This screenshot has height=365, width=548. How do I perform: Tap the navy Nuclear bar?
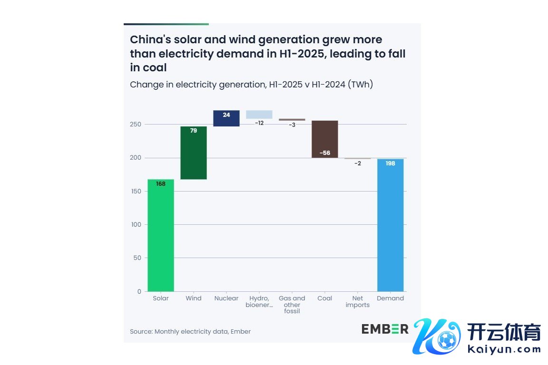[x=226, y=118]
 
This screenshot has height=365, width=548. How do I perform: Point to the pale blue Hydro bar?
[x=259, y=114]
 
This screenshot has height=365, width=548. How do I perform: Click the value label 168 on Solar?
[x=161, y=184]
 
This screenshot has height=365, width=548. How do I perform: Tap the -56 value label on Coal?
[x=325, y=153]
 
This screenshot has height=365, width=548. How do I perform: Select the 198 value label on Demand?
[x=391, y=163]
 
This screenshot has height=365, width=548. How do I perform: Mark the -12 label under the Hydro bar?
[x=259, y=123]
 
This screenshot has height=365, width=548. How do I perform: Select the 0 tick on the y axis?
[x=139, y=291]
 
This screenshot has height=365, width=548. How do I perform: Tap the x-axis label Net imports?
[x=358, y=302]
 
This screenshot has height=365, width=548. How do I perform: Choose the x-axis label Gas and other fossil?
[x=292, y=305]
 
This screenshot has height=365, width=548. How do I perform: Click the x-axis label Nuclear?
[x=226, y=298]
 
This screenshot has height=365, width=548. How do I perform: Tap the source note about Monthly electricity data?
[x=190, y=331]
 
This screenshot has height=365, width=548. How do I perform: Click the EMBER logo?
[x=385, y=329]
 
